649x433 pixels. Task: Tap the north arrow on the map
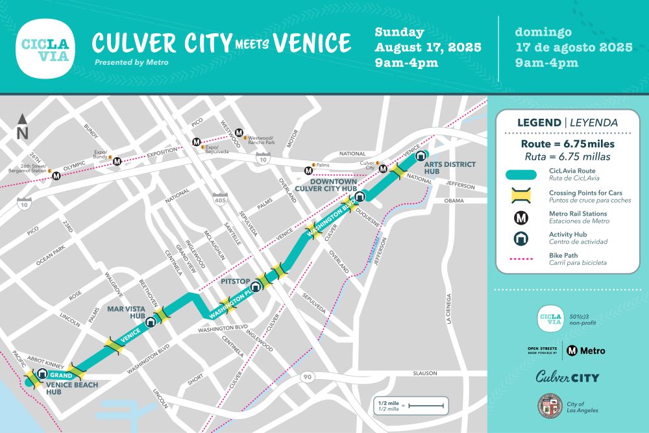pyautogui.click(x=23, y=127)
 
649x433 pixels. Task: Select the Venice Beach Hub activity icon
pyautogui.click(x=42, y=374)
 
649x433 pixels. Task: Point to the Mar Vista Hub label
pyautogui.click(x=127, y=312)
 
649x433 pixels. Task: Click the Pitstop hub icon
pyautogui.click(x=256, y=286)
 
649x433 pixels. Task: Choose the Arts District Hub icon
pyautogui.click(x=421, y=156)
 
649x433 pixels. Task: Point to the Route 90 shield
pyautogui.click(x=307, y=377)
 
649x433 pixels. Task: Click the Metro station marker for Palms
pyautogui.click(x=309, y=171)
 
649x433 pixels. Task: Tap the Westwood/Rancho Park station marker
pyautogui.click(x=239, y=132)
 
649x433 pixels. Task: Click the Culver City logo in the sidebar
pyautogui.click(x=567, y=377)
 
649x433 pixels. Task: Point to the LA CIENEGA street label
pyautogui.click(x=448, y=308)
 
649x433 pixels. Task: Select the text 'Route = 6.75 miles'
pyautogui.click(x=567, y=143)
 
